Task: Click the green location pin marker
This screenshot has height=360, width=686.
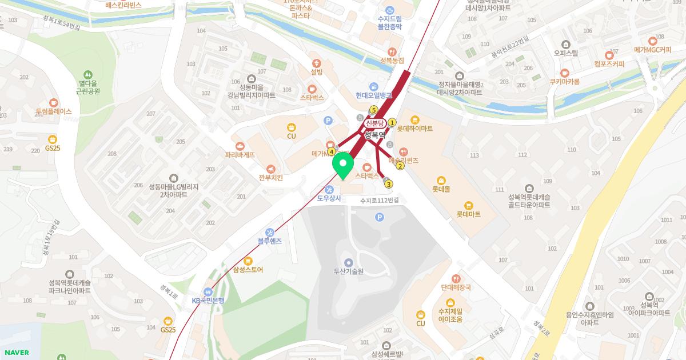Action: coord(343,165)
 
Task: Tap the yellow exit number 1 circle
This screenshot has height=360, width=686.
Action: coord(392,122)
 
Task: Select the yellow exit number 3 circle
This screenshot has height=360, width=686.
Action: coord(389,184)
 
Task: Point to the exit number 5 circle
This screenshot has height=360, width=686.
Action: coord(374,110)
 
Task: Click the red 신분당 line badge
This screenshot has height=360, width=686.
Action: coord(374,123)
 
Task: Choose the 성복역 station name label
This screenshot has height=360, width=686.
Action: coord(375,135)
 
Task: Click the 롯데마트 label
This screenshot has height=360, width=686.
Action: coord(468,214)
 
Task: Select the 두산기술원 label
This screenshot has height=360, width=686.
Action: coord(348,271)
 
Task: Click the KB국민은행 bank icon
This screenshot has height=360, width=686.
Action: coord(208,291)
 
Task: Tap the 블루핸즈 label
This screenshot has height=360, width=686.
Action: coord(269,241)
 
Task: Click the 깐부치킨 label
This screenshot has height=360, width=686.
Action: coord(270,178)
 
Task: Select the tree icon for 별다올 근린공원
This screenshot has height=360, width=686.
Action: coord(88,74)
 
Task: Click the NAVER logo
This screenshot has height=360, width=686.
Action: coord(16,353)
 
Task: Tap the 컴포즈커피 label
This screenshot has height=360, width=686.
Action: coord(608,64)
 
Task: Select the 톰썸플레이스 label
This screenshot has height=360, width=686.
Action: coord(53,112)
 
